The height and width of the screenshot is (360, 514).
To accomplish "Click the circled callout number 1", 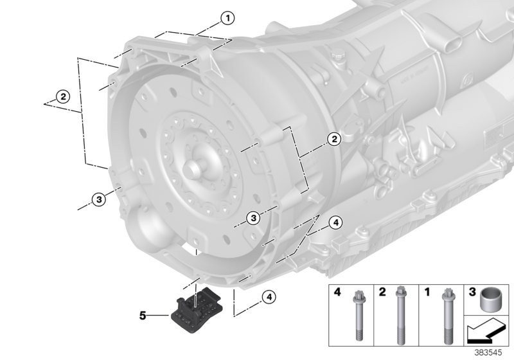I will click(226, 19).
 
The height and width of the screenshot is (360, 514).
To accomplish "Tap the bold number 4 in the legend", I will click(336, 293).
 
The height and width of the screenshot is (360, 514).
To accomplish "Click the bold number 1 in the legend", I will click(427, 293).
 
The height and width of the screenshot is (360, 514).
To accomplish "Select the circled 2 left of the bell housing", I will click(62, 97).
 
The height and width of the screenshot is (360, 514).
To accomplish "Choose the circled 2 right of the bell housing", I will click(333, 139).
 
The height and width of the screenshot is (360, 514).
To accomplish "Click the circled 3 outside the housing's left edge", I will click(98, 199).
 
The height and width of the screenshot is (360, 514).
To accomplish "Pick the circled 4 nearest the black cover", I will click(269, 297).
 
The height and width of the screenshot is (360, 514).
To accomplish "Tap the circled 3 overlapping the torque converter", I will click(254, 219).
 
